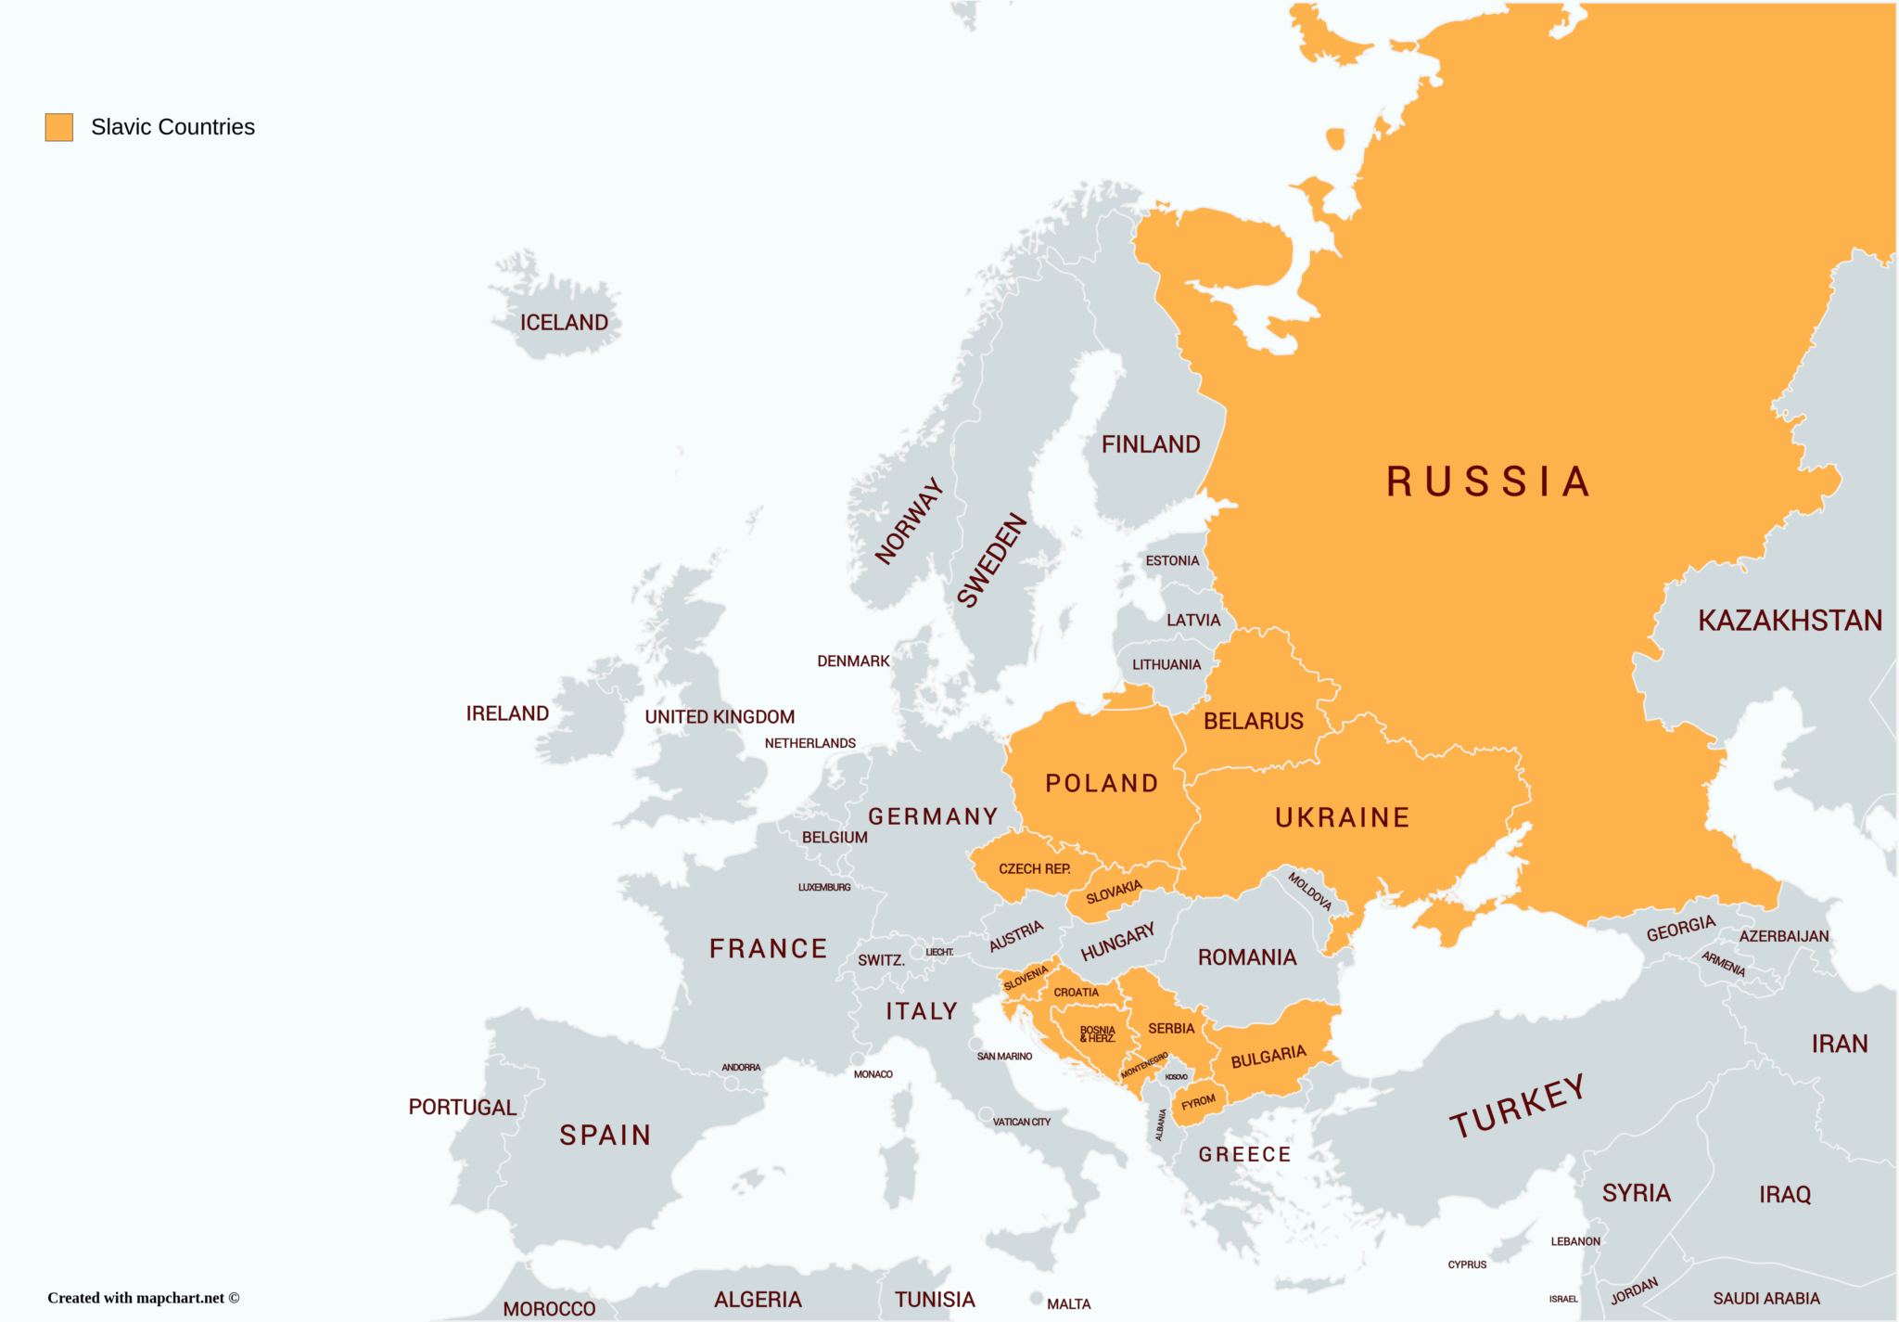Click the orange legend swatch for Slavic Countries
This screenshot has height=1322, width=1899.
(59, 127)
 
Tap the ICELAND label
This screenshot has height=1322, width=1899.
(564, 323)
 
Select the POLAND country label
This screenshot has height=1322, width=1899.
(1102, 783)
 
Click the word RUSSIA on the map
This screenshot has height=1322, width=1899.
(1487, 482)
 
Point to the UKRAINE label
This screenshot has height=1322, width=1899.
(1342, 817)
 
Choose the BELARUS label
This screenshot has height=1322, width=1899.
(1253, 721)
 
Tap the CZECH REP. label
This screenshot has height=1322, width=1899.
(1034, 869)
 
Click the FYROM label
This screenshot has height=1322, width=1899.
(1198, 1102)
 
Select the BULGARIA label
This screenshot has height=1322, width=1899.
(1268, 1057)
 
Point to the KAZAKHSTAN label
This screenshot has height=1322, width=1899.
(1790, 621)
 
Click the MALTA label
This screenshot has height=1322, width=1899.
(1068, 1303)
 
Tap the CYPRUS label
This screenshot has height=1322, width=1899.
(1467, 1264)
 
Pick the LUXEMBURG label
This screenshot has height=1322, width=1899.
(823, 888)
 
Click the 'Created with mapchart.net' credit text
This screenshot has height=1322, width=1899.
(143, 1298)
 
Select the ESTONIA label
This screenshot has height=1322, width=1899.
(1172, 560)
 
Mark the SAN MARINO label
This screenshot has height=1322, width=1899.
(1004, 1057)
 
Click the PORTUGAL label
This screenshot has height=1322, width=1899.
(462, 1107)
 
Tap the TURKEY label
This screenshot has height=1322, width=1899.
(1517, 1107)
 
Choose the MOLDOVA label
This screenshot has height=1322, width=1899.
(1309, 891)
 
